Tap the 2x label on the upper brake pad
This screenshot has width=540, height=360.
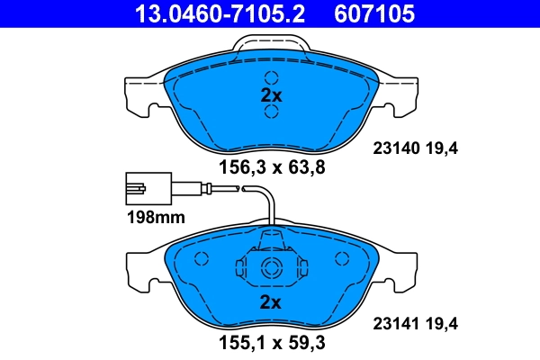click(x=271, y=94)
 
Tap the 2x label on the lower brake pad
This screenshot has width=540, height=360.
click(x=271, y=300)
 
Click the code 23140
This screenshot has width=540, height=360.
click(x=391, y=150)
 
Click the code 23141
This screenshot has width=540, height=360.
click(x=391, y=327)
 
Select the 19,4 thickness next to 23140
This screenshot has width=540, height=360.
click(x=443, y=150)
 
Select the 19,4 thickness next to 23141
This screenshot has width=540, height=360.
click(x=443, y=327)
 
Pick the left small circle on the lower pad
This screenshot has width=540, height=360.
click(x=202, y=259)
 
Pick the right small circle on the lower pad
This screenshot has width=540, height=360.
click(x=340, y=259)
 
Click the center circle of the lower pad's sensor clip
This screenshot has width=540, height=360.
click(x=271, y=266)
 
